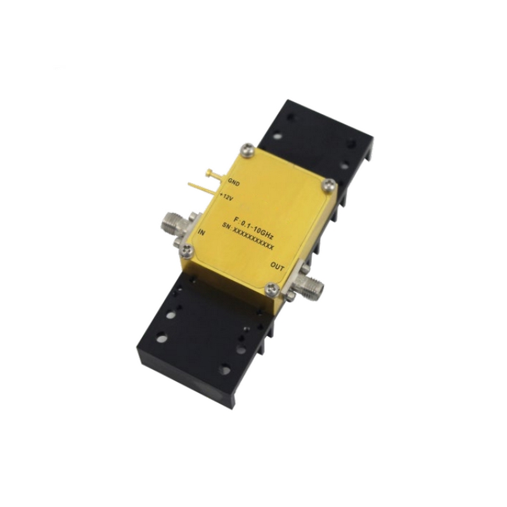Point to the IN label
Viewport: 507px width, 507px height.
[202, 233]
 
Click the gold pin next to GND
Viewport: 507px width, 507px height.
[216, 174]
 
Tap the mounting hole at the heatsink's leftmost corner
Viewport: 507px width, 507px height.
[162, 338]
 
